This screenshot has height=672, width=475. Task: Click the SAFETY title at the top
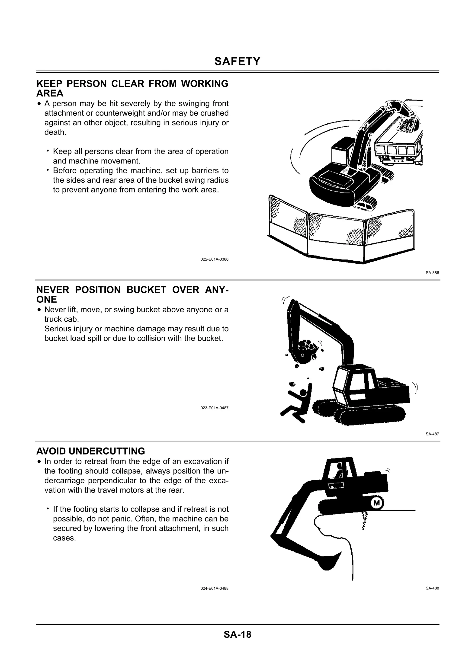pos(237,61)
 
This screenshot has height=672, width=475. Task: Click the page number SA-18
pos(237,634)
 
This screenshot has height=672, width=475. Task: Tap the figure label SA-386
pos(432,273)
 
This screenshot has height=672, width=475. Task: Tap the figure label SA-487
pos(432,434)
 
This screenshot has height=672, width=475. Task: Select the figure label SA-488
pos(432,588)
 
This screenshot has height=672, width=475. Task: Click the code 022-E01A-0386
pos(214,259)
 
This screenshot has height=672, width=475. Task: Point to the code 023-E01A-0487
pos(214,408)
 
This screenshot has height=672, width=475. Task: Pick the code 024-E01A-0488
pos(214,588)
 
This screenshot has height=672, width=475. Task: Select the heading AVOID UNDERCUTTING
pos(90,451)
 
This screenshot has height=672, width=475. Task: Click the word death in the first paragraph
pos(55,132)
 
